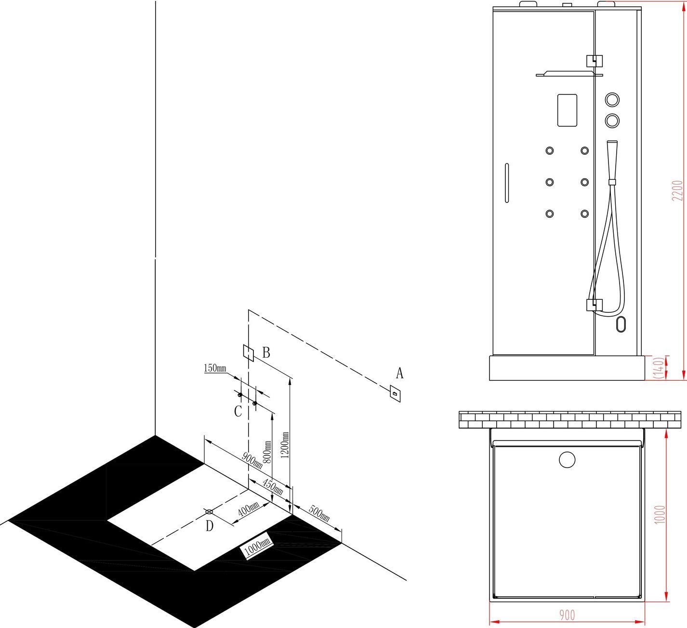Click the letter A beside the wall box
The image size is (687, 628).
[x=399, y=374]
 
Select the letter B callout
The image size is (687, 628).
[x=266, y=352]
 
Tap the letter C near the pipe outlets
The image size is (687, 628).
[x=238, y=411]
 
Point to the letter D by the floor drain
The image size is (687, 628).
[x=210, y=525]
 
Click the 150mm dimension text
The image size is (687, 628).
[x=215, y=368]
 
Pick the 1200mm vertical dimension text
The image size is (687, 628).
[x=285, y=445]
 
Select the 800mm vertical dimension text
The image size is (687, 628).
[x=267, y=452]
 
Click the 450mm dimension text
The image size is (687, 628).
[x=273, y=487]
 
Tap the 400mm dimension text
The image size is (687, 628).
[x=249, y=509]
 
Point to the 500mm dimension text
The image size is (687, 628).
[x=319, y=513]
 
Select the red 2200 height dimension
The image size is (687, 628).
[x=677, y=190]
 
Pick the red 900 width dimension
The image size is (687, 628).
[x=567, y=615]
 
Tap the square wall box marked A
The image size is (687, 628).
[x=395, y=394]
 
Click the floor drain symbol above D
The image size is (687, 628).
[x=209, y=512]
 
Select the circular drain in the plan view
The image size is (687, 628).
[x=567, y=460]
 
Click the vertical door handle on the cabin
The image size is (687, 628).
[x=507, y=183]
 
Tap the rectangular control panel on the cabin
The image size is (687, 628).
[x=567, y=110]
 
